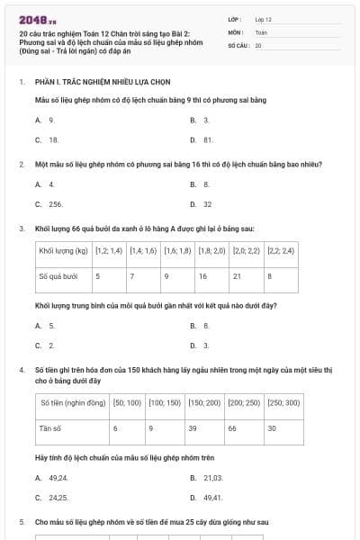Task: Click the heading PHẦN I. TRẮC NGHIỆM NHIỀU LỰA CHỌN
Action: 93,82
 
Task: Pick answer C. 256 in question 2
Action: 50,204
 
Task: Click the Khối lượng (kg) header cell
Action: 63,251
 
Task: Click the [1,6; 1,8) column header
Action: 177,251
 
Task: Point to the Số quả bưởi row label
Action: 58,275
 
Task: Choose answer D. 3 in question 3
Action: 201,345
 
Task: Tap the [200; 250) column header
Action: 244,403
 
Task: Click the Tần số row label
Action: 50,428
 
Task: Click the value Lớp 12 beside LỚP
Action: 263,18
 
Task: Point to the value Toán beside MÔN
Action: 261,31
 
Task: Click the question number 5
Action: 22,522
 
